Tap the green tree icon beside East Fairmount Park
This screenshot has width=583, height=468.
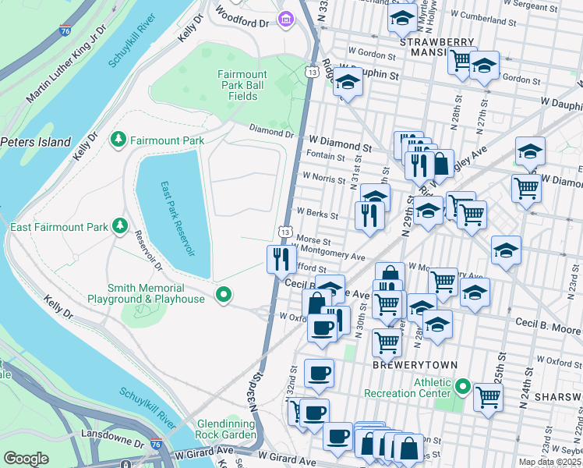coord(119,226)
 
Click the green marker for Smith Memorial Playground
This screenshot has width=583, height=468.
coord(224,295)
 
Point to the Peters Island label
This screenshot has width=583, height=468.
coord(36,143)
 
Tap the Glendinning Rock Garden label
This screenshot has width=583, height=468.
coord(226,428)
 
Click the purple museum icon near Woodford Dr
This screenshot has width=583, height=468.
coord(287,17)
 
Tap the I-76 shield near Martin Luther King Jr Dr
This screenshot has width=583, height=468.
coord(64,30)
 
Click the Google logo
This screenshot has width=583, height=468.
coord(26,458)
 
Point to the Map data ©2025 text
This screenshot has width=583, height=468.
coord(549,462)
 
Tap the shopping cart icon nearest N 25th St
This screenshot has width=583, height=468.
coord(488,395)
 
